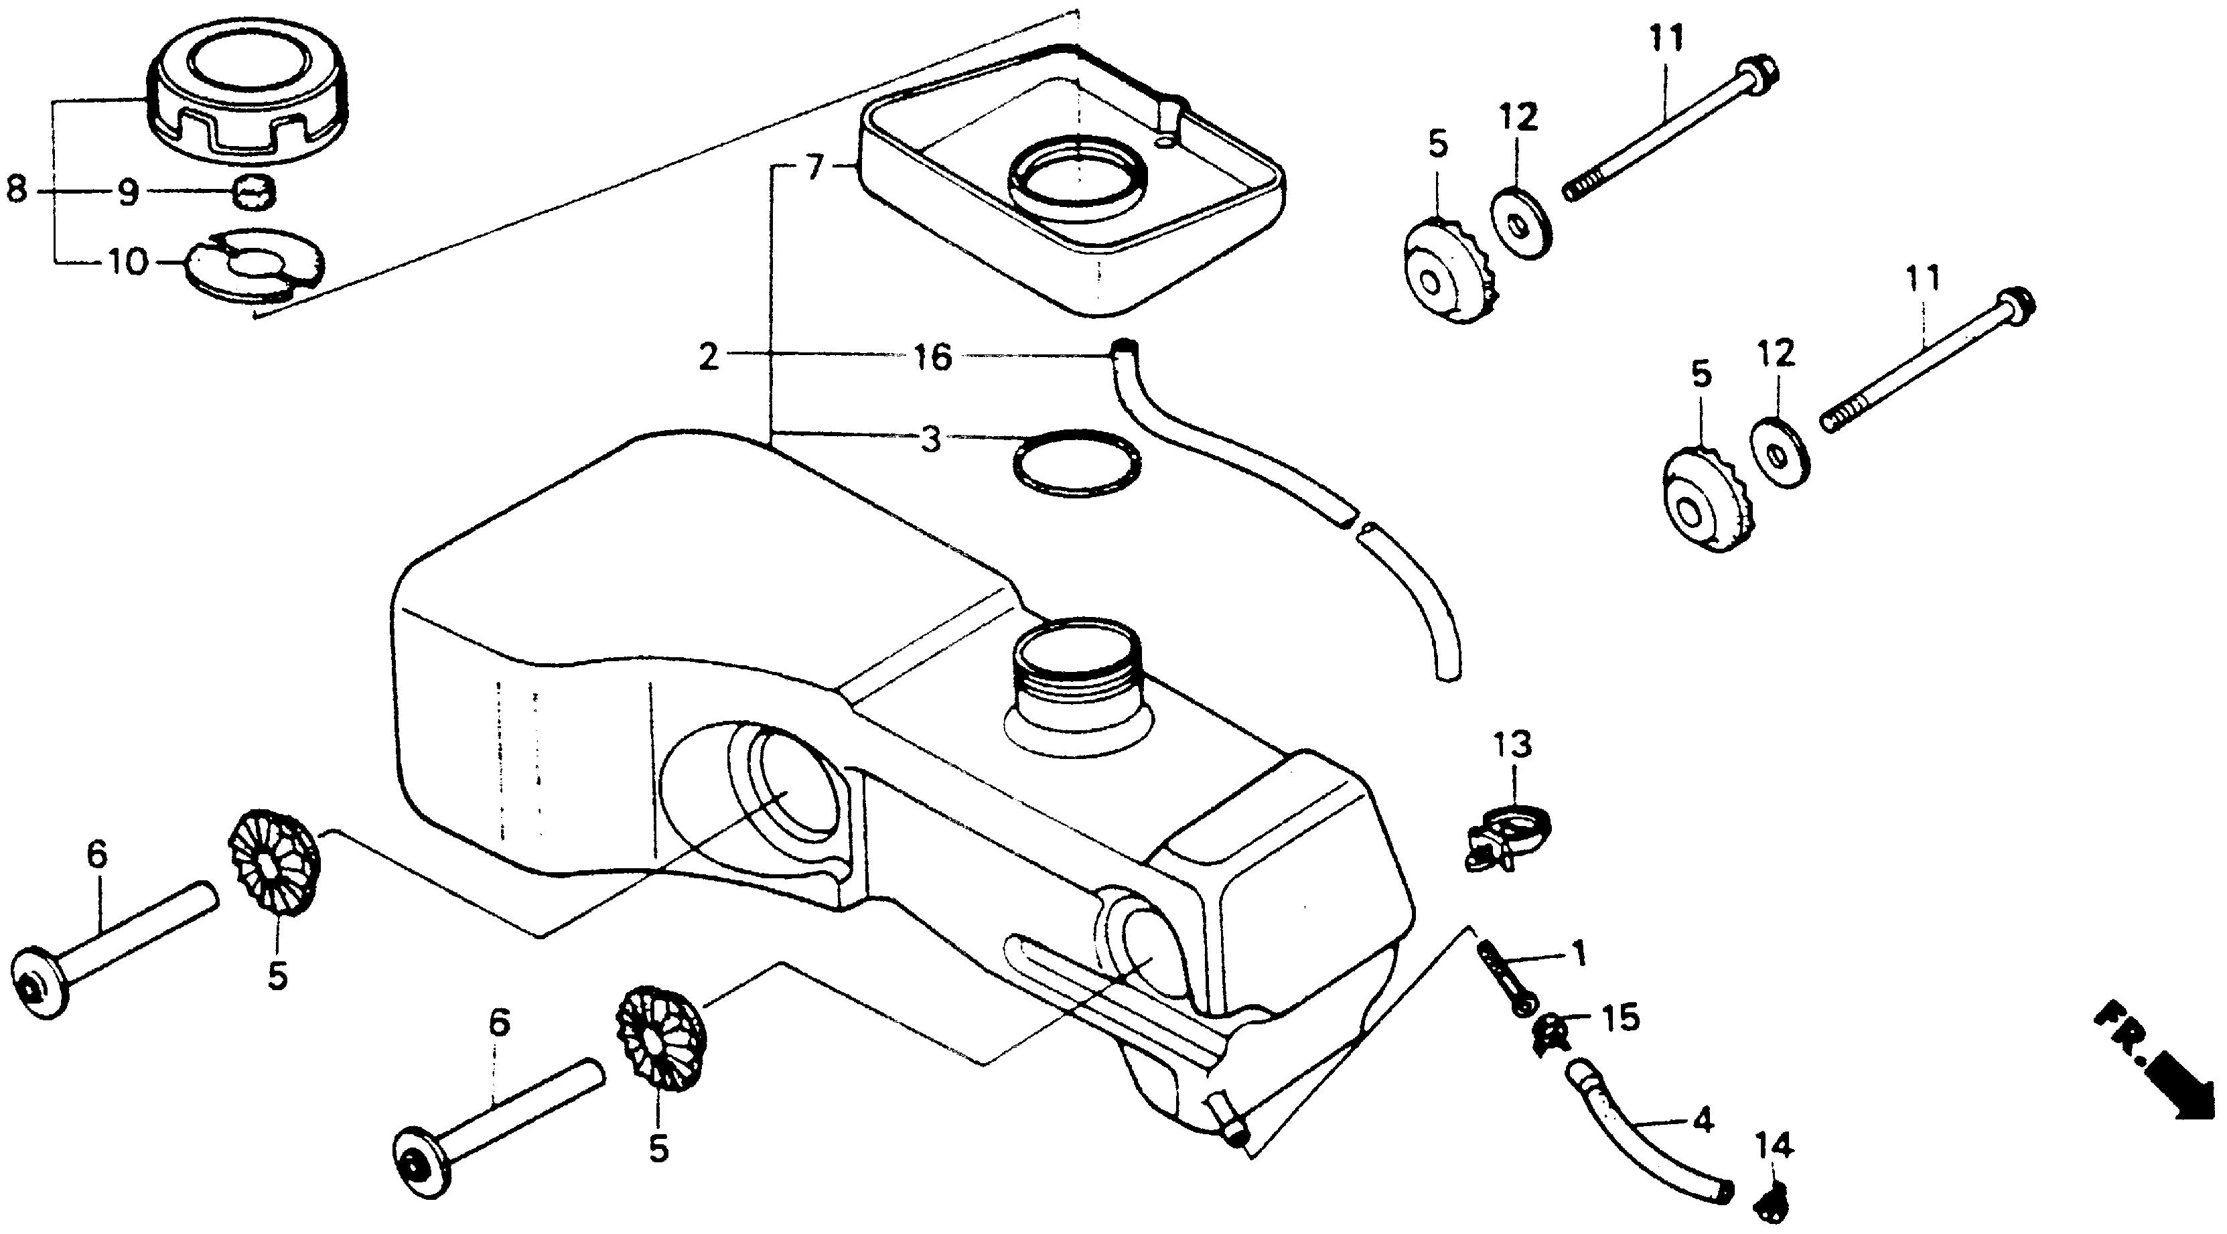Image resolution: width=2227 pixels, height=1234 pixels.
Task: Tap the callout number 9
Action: point(128,193)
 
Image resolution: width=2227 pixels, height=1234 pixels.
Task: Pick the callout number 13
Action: point(1511,744)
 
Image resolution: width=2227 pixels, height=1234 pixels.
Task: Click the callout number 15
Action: point(1620,1018)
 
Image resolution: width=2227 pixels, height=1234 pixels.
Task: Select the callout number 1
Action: point(1579,955)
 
